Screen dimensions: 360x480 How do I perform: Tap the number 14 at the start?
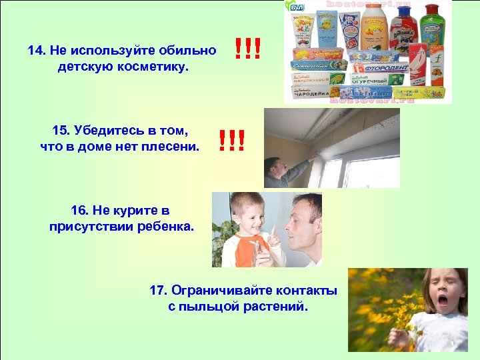pyautogui.click(x=36, y=51)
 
